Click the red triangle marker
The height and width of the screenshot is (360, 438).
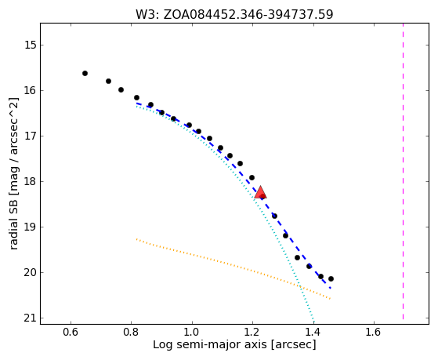pos(260,192)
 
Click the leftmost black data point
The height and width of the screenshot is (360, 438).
pos(85,73)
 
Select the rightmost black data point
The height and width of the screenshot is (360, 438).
pos(331,278)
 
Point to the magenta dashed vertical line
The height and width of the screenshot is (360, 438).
pos(403,171)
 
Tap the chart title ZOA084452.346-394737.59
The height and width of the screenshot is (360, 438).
pos(248,15)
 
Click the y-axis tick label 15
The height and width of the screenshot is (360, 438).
pos(31,45)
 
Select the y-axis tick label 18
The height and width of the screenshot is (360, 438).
pos(31,181)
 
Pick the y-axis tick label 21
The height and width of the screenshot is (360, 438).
pos(31,318)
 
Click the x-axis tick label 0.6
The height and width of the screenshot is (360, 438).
pos(71,332)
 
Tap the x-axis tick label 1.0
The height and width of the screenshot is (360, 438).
pos(192,332)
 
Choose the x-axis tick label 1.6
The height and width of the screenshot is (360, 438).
pos(374,332)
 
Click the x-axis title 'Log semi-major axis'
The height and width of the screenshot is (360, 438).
pos(210,344)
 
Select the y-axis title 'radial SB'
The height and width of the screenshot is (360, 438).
pos(14,225)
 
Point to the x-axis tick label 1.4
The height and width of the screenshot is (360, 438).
pos(313,332)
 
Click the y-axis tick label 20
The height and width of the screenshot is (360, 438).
pos(31,273)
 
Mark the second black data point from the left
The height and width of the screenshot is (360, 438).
pos(108,81)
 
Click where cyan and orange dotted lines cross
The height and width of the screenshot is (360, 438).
pos(299,286)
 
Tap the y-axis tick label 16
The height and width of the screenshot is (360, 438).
pos(31,91)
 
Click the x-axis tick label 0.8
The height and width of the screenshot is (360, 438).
pos(132,332)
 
